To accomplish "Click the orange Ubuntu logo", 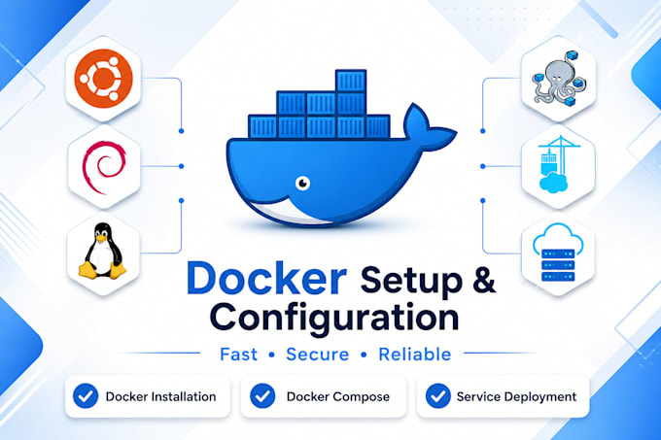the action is pyautogui.click(x=103, y=79).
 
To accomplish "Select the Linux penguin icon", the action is pyautogui.click(x=102, y=251).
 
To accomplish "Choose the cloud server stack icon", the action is pyautogui.click(x=558, y=253).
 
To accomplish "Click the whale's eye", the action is pyautogui.click(x=302, y=184).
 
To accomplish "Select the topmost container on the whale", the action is pyautogui.click(x=351, y=82).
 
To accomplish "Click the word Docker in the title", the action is pyautogui.click(x=266, y=279).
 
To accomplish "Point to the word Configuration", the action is pyautogui.click(x=333, y=318).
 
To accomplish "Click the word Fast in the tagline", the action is pyautogui.click(x=238, y=355).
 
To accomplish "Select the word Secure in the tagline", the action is pyautogui.click(x=318, y=355).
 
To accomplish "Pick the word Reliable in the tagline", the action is pyautogui.click(x=415, y=355).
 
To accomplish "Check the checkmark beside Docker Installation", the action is pyautogui.click(x=86, y=395).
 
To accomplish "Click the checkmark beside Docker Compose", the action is pyautogui.click(x=262, y=395).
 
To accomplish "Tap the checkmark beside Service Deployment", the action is pyautogui.click(x=438, y=395).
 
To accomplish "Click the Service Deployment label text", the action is pyautogui.click(x=516, y=396).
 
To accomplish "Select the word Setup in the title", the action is pyautogui.click(x=411, y=282).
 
